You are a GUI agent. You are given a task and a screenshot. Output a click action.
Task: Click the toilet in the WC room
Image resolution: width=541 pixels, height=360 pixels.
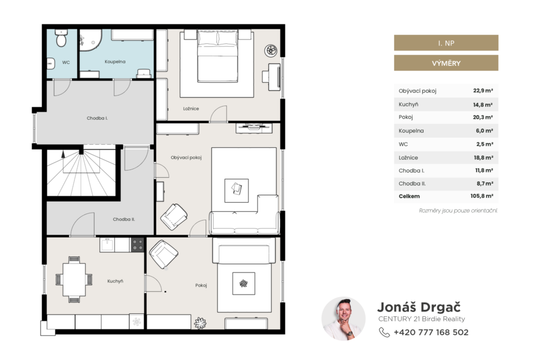pyautogui.click(x=61, y=38)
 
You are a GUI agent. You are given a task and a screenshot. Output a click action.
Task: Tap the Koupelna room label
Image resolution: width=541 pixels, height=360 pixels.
pyautogui.click(x=115, y=62)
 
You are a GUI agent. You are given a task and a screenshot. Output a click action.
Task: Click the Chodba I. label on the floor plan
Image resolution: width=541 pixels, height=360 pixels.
pyautogui.click(x=97, y=118)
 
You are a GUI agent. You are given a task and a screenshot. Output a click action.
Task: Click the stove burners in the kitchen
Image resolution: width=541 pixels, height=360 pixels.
pyautogui.click(x=137, y=245)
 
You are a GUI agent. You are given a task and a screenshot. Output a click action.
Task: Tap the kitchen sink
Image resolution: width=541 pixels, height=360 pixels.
pyautogui.click(x=107, y=244)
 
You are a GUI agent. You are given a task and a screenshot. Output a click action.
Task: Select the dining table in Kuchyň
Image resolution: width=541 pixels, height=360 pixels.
pyautogui.click(x=74, y=279)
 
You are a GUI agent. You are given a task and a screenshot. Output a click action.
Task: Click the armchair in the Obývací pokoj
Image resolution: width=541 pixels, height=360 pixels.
pyautogui.click(x=174, y=216)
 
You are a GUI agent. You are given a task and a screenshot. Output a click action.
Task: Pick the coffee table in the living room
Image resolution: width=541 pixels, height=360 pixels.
pyautogui.click(x=236, y=191)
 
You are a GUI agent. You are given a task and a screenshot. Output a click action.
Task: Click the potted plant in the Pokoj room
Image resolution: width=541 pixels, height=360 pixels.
pyautogui.click(x=200, y=323)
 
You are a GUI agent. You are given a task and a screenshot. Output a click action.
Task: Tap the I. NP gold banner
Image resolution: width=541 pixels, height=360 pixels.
pyautogui.click(x=446, y=43)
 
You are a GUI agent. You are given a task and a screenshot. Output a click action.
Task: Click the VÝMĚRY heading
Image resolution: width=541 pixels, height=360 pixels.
pyautogui.click(x=446, y=63)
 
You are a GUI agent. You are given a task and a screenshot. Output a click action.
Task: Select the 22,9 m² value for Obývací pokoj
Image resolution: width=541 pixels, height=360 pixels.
pyautogui.click(x=483, y=91)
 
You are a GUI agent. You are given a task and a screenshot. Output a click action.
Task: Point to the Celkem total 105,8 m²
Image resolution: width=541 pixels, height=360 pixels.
pyautogui.click(x=482, y=196)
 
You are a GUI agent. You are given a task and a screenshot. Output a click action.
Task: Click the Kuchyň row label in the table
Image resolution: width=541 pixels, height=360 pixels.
pyautogui.click(x=408, y=104)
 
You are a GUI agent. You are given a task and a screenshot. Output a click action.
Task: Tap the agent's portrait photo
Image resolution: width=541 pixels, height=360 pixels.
pyautogui.click(x=343, y=319)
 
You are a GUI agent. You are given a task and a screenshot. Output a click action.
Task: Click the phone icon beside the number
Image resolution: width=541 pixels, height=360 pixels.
pyautogui.click(x=384, y=332)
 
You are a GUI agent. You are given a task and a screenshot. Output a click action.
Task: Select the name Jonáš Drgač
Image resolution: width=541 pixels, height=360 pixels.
pyautogui.click(x=419, y=307)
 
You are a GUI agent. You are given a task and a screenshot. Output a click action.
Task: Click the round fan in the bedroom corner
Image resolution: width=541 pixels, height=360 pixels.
pyautogui.click(x=271, y=51)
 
